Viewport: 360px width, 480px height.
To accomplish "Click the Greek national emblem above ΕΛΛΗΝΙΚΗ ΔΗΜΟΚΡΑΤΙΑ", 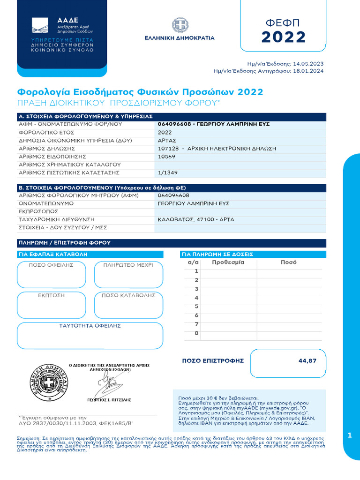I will (180, 26).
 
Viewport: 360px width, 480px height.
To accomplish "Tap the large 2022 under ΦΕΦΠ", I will (283, 37).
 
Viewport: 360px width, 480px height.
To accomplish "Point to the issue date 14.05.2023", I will (308, 63).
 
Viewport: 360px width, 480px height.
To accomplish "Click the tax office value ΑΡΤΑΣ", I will (167, 141).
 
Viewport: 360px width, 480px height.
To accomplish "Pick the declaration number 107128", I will (168, 149).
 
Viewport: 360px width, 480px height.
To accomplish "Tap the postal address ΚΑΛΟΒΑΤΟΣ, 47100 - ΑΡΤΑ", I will (196, 219).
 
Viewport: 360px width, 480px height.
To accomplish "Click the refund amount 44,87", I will (307, 360).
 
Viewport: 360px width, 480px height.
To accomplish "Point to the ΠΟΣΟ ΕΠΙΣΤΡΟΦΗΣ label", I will (213, 360).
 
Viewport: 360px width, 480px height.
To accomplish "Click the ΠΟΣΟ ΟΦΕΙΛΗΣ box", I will (51, 275).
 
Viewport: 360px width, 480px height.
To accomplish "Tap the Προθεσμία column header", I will (228, 262).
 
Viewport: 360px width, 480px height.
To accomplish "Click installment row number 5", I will (196, 307).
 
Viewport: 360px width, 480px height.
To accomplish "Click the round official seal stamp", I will (47, 382).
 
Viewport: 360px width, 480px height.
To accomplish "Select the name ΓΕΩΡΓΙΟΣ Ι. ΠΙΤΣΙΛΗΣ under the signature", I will (109, 400).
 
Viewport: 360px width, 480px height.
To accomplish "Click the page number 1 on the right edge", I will (350, 435).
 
